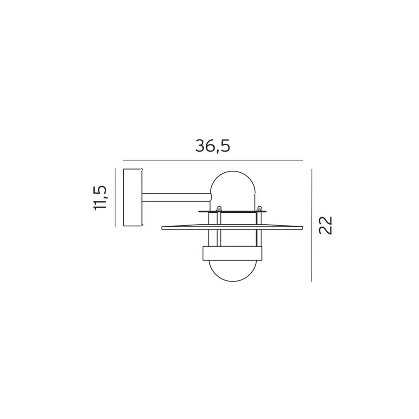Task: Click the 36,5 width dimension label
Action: [x=213, y=146]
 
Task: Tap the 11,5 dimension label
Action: [x=100, y=198]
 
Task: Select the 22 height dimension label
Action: [x=326, y=225]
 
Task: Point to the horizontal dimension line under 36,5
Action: [x=213, y=160]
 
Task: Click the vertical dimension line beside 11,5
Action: [x=115, y=197]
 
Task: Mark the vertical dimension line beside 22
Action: [x=311, y=225]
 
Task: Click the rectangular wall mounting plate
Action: [x=132, y=198]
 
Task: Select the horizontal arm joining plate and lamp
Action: [x=177, y=197]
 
